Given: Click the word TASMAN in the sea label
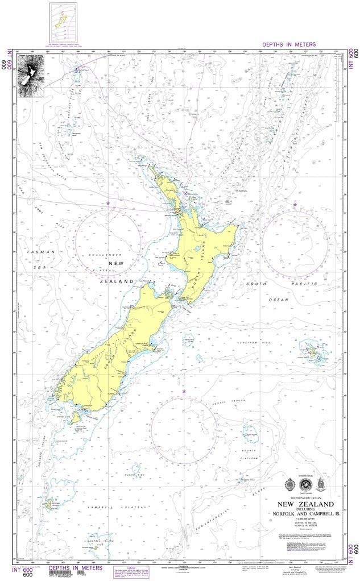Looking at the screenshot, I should (42, 251).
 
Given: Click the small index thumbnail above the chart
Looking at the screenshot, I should (63, 23).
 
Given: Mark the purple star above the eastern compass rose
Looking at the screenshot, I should (295, 204).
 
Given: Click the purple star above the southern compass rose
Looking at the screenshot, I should (184, 391).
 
